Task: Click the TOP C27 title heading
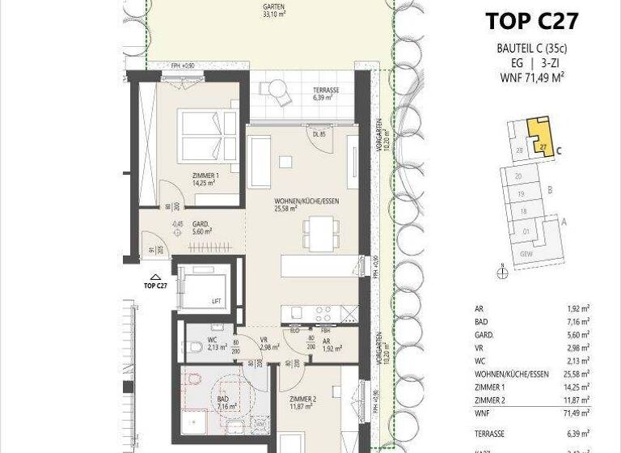pos(531,21)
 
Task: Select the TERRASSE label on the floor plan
pos(326,93)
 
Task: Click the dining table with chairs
pos(319,232)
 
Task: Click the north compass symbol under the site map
pos(502,274)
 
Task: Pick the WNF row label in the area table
pos(482,413)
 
